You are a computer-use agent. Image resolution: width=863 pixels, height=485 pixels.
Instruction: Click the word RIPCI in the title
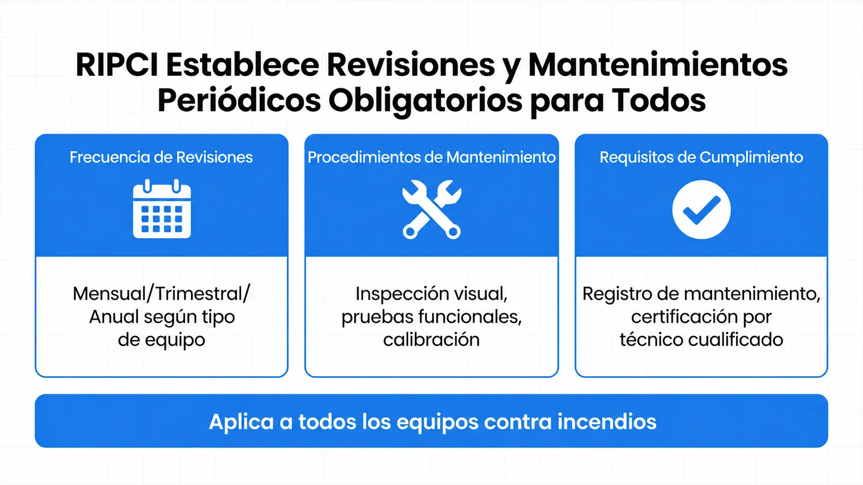(117, 64)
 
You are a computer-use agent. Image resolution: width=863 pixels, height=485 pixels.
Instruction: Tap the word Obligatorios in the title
(425, 101)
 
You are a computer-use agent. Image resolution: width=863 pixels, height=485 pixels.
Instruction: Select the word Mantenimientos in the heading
(658, 64)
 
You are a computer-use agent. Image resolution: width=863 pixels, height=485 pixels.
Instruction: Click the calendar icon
(162, 209)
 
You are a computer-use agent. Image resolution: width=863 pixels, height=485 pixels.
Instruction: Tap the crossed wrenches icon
(431, 210)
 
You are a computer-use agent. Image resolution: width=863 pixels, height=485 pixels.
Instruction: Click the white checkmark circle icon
(701, 210)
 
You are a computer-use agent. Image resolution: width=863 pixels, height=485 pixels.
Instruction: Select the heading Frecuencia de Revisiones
(161, 157)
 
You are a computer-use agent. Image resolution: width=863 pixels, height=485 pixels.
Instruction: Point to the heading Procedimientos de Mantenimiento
(431, 157)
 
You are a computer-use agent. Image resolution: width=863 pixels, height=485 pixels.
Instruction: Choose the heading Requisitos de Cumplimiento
(701, 157)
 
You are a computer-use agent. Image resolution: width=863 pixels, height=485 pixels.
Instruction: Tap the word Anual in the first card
(114, 317)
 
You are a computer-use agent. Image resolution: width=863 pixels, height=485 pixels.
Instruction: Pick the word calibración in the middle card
(431, 340)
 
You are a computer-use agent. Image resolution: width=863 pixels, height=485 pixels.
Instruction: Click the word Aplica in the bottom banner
(242, 422)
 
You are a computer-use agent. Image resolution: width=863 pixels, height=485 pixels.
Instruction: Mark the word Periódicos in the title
(239, 101)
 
